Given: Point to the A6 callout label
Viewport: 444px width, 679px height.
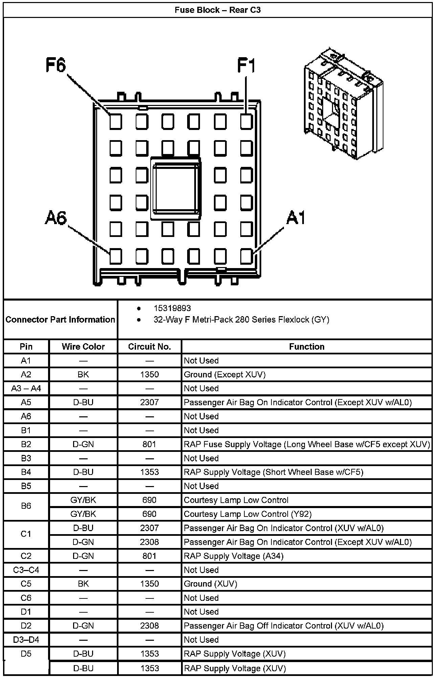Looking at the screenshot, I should click(x=56, y=218).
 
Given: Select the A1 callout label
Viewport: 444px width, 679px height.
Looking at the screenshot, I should click(x=295, y=218).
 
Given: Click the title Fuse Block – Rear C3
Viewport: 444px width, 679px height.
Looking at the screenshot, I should click(x=218, y=10).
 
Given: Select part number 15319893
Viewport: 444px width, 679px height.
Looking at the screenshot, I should click(x=172, y=308).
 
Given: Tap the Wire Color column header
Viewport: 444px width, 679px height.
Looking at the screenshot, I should click(x=83, y=347).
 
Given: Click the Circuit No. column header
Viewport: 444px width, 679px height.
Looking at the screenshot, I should click(x=149, y=347).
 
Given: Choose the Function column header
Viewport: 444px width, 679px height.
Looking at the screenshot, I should click(x=307, y=347).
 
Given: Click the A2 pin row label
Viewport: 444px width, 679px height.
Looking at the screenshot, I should click(x=26, y=374).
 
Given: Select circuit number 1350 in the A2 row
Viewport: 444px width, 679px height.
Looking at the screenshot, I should click(x=149, y=374).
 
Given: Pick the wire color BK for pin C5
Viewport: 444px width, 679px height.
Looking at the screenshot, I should click(x=83, y=584).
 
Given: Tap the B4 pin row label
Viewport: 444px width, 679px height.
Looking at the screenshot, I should click(x=26, y=472).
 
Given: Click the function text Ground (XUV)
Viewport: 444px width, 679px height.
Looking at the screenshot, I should click(x=210, y=584).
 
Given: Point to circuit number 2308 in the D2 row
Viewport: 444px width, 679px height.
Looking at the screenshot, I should click(x=149, y=626).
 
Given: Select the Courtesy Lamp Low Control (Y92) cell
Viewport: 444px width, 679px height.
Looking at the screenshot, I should click(x=247, y=514).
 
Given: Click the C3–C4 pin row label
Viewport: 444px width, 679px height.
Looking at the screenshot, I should click(x=26, y=570).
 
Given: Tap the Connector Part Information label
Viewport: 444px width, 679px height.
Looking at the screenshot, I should click(x=60, y=320).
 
